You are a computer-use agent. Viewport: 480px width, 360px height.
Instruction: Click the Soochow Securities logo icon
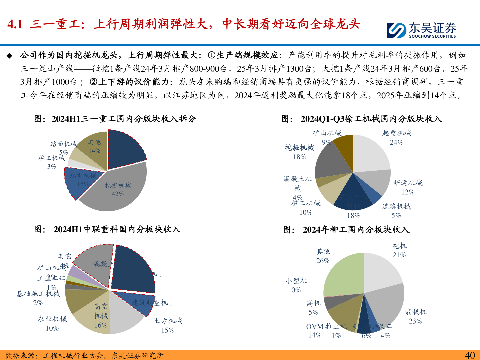click(x=397, y=30)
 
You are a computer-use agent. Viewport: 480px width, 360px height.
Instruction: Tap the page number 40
click(x=470, y=355)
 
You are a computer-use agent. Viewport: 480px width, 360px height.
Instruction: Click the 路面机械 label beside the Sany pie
click(x=63, y=144)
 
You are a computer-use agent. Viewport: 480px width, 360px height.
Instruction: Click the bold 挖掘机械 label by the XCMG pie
click(x=299, y=148)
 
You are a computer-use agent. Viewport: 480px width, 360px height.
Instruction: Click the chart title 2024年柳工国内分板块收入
click(x=356, y=230)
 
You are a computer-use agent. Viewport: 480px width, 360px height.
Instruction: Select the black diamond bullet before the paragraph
click(x=9, y=55)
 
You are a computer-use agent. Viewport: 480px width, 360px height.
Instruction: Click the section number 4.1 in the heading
click(x=15, y=24)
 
